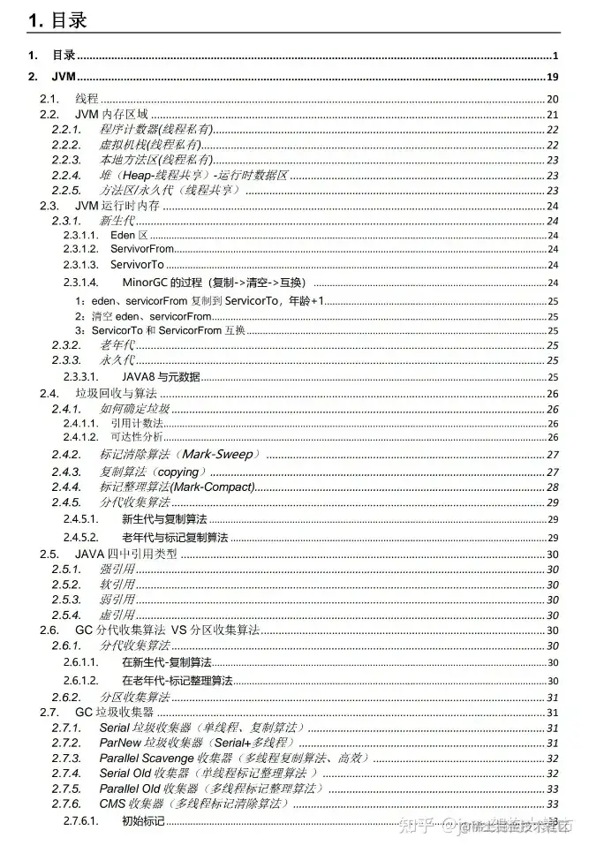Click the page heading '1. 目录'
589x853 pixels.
click(57, 20)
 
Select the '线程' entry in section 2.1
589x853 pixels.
click(87, 99)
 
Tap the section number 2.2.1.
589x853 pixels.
click(66, 129)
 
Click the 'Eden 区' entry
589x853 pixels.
click(129, 236)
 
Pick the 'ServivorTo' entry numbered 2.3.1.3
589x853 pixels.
click(136, 265)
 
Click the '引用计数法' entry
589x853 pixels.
click(137, 423)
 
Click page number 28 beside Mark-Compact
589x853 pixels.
click(553, 487)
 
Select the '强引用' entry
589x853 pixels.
click(117, 570)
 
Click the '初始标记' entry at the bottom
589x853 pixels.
click(143, 822)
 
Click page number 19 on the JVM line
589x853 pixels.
click(553, 77)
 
